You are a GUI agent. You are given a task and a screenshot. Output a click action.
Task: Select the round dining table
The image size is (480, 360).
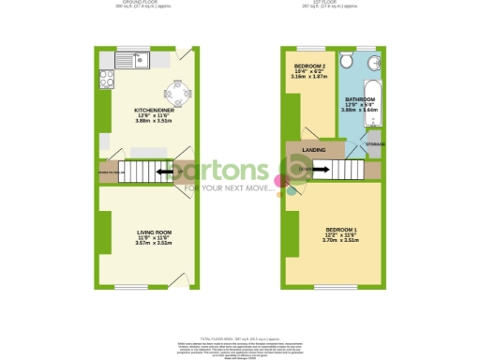pos(175,92)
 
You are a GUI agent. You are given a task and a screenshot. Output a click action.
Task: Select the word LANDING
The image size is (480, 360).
pos(314,149)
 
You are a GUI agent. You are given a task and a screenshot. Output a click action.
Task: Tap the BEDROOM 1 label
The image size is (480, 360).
pos(339,230)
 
